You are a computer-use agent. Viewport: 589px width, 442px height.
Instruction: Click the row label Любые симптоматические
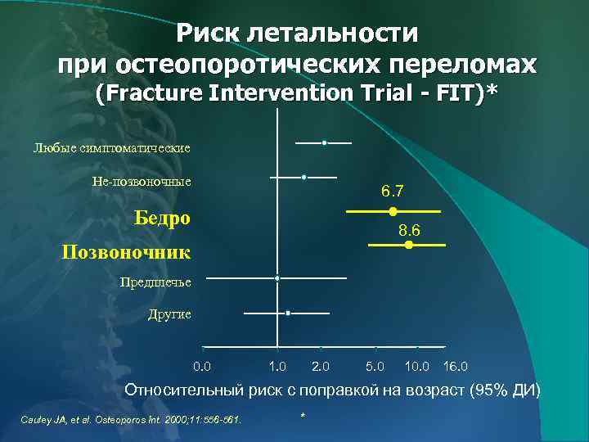(111, 148)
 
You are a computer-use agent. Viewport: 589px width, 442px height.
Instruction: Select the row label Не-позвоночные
(142, 181)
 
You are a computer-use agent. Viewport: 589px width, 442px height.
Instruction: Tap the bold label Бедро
(162, 218)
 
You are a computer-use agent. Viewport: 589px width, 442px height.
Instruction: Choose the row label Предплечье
(155, 282)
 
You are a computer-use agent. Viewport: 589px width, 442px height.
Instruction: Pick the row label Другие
(169, 314)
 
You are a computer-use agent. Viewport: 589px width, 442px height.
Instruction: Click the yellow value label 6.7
(393, 192)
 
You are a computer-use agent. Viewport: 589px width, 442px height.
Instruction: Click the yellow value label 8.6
(409, 232)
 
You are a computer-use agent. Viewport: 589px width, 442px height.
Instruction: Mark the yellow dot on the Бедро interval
(393, 211)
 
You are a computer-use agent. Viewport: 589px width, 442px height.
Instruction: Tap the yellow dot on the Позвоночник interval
(409, 245)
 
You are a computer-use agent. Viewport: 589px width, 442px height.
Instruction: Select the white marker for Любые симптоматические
(325, 143)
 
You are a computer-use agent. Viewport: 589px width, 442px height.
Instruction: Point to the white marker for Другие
(288, 313)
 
